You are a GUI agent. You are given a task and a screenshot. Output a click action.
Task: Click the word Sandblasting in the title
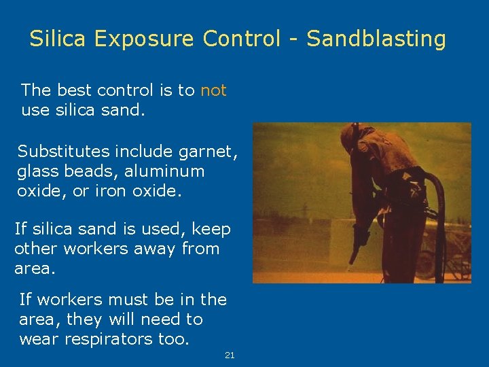point(376,39)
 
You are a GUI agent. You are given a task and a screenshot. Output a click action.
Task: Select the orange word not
point(213,90)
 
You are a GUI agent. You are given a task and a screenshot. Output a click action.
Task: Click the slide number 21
point(230,355)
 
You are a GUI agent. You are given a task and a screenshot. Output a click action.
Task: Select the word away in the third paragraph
point(152,249)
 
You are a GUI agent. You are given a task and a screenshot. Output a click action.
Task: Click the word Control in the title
point(241,39)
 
